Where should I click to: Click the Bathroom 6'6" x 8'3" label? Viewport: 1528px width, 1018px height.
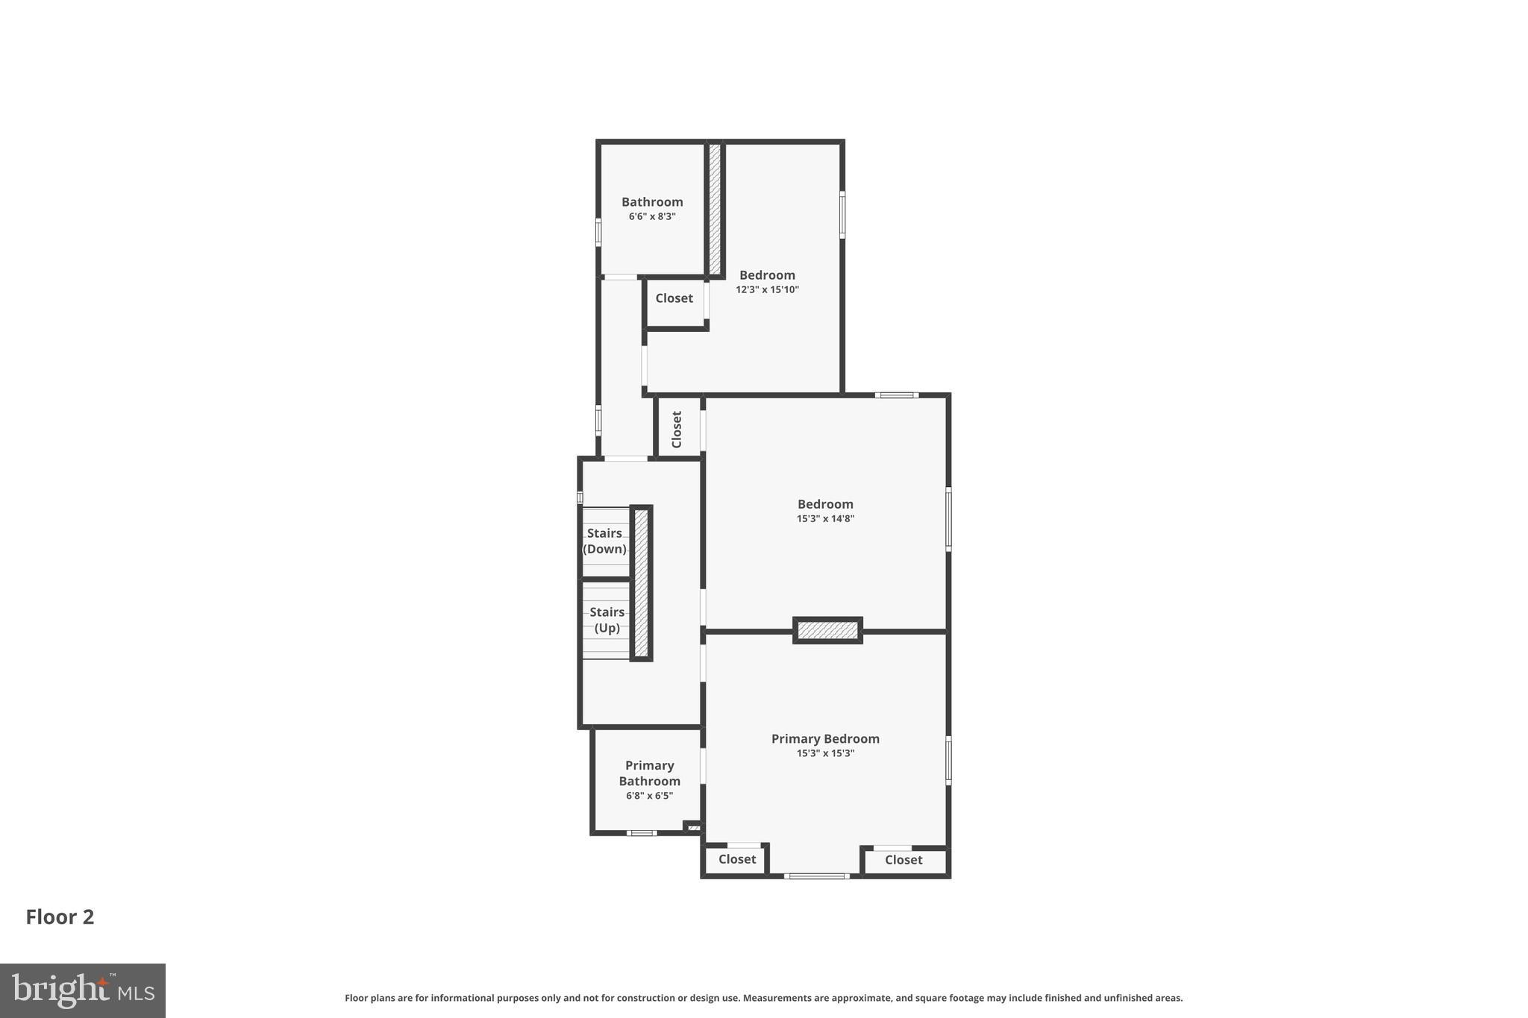pyautogui.click(x=652, y=208)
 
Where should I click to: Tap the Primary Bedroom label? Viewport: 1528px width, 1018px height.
pyautogui.click(x=825, y=739)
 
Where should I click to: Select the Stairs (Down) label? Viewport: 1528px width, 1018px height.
pyautogui.click(x=604, y=541)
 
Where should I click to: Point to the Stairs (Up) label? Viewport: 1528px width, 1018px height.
pyautogui.click(x=607, y=620)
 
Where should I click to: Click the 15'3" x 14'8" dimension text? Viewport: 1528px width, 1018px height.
pyautogui.click(x=825, y=519)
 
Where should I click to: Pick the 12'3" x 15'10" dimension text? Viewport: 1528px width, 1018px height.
pyautogui.click(x=767, y=290)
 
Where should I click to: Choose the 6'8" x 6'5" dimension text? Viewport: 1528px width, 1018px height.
pyautogui.click(x=649, y=796)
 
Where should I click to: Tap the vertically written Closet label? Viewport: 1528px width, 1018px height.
pyautogui.click(x=677, y=429)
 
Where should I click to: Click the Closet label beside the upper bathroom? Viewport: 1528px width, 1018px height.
pyautogui.click(x=674, y=298)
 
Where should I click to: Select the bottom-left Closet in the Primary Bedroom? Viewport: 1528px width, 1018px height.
pyautogui.click(x=737, y=859)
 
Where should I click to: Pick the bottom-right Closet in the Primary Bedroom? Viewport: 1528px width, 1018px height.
pyautogui.click(x=904, y=860)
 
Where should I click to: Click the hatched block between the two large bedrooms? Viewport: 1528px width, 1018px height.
pyautogui.click(x=827, y=630)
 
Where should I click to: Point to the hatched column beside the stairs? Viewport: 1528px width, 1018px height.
pyautogui.click(x=641, y=583)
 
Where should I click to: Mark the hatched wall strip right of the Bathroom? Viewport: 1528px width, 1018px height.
pyautogui.click(x=715, y=209)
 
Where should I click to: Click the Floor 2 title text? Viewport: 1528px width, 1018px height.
pyautogui.click(x=60, y=917)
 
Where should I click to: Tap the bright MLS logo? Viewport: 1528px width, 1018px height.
pyautogui.click(x=83, y=990)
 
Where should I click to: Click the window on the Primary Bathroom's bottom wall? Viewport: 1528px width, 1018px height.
pyautogui.click(x=641, y=833)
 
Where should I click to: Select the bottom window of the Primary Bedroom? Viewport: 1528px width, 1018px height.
pyautogui.click(x=816, y=876)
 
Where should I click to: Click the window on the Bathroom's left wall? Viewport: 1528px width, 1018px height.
pyautogui.click(x=598, y=231)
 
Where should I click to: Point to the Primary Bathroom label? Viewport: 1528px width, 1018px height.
pyautogui.click(x=649, y=773)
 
